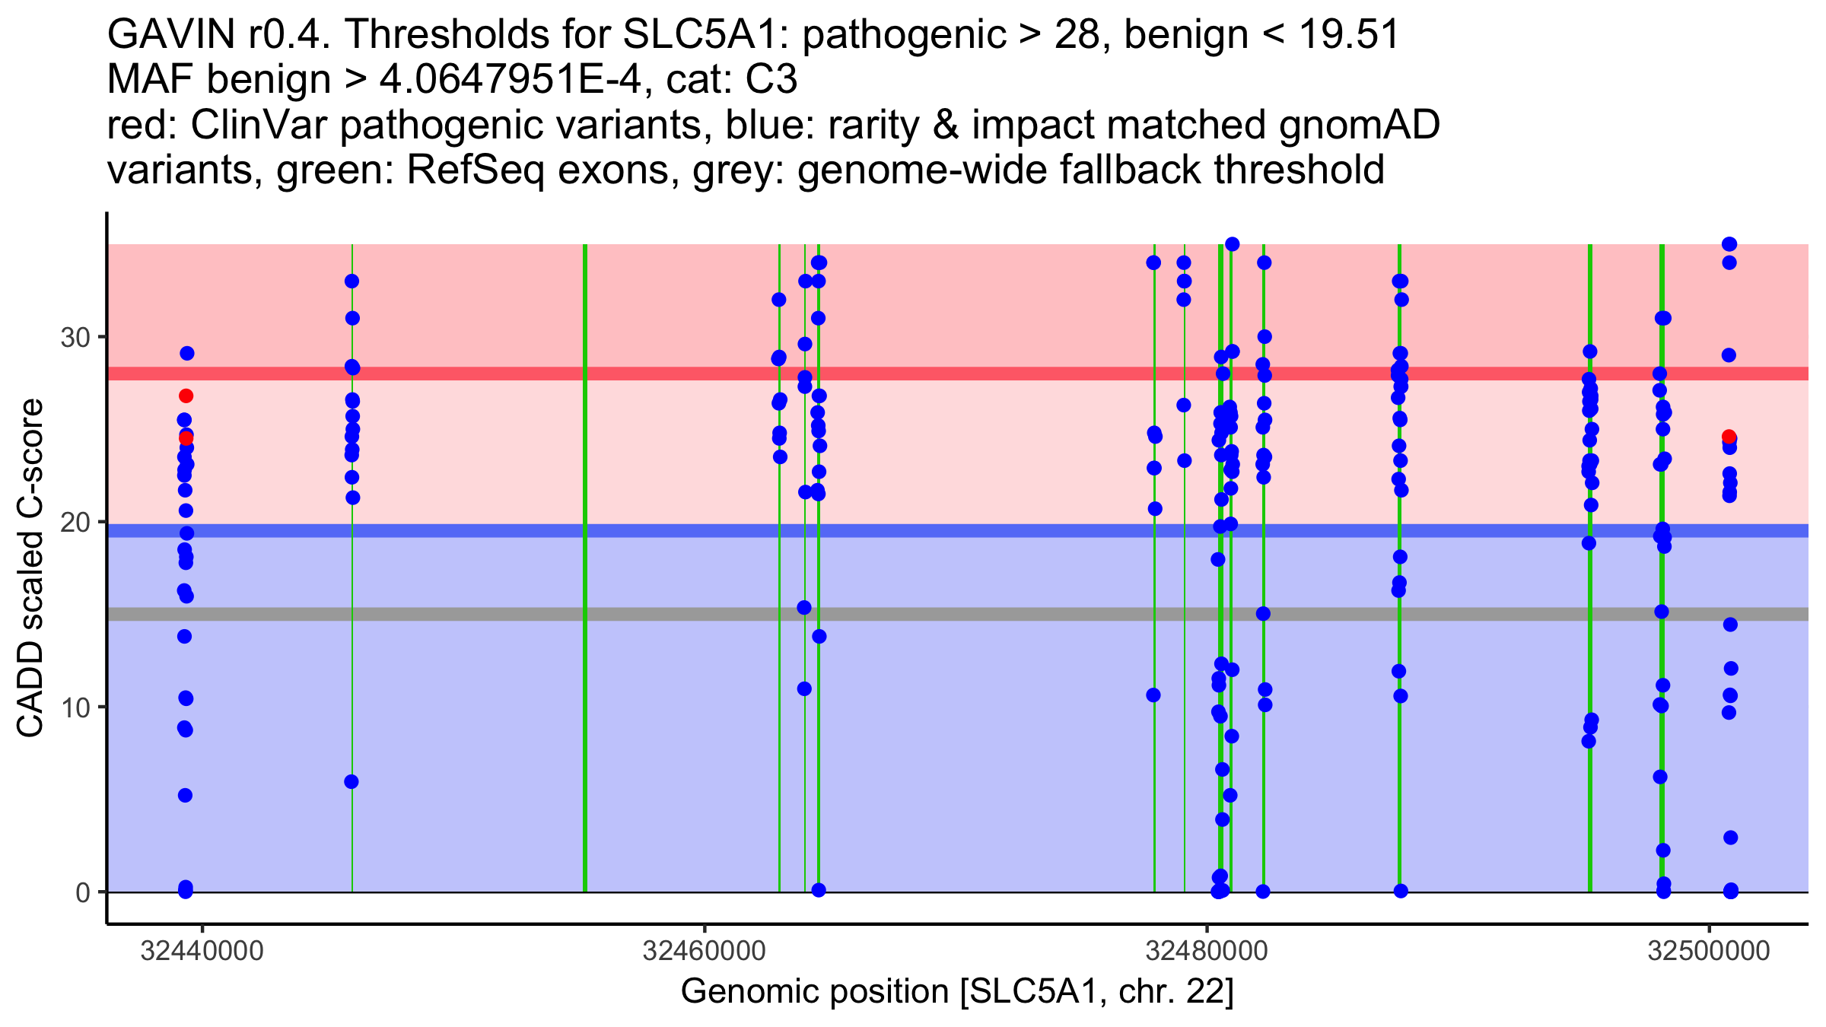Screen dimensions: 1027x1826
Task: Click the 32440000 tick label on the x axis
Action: (202, 951)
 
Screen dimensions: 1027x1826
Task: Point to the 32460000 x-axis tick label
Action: (704, 951)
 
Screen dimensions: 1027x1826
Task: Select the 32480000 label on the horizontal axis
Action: (1207, 951)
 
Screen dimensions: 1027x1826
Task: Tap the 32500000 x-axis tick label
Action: (1709, 951)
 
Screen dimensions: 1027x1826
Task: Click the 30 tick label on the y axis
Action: (75, 337)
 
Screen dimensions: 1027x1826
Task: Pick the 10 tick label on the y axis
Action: (75, 707)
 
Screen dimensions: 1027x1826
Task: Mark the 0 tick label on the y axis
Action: (83, 892)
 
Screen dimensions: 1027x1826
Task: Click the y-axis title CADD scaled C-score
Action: (30, 569)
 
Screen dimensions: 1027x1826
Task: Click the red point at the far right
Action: (1729, 437)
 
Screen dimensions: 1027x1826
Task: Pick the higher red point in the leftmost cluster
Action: (186, 396)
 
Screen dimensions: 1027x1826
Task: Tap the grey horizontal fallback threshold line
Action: (989, 614)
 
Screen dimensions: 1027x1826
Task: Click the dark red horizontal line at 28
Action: (989, 374)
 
